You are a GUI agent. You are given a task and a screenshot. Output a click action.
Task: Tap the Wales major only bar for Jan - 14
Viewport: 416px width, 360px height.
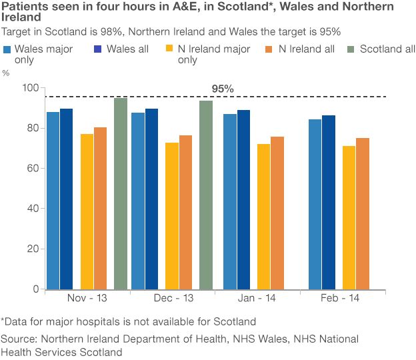tap(230, 201)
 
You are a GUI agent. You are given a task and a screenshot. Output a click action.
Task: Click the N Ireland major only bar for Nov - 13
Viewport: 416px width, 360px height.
tap(87, 211)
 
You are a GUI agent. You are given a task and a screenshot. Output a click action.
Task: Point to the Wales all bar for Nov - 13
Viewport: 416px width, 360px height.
tap(66, 199)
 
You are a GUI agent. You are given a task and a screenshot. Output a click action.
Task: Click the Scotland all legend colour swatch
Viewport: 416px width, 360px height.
tap(352, 49)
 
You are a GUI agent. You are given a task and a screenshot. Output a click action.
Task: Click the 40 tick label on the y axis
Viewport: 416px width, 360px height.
tap(33, 208)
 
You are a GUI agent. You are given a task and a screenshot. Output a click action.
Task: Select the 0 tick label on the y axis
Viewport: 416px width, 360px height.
tap(35, 289)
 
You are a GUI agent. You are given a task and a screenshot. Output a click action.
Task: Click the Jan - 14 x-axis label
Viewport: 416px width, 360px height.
tap(257, 299)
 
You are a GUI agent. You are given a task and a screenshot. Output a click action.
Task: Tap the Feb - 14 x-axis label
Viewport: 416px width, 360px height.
tap(342, 299)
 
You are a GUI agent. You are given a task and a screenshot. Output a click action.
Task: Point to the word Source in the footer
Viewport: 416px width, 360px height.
tap(17, 339)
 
